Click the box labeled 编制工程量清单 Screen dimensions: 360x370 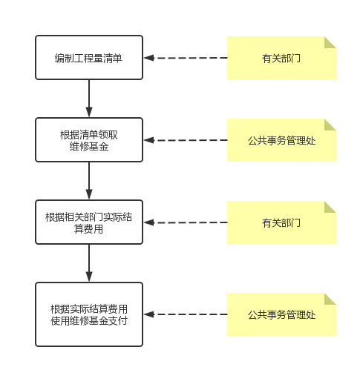tap(89, 57)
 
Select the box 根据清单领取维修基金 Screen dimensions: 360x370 tap(89, 140)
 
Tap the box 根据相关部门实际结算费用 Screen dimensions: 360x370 tap(89, 222)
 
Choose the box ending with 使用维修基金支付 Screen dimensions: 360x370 tap(89, 314)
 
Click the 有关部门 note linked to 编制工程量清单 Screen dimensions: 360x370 tap(281, 58)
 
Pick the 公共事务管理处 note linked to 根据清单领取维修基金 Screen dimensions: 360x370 tap(281, 140)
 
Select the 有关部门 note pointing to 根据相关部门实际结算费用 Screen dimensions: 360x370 tap(281, 222)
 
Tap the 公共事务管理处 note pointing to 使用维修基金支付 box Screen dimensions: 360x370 tap(281, 314)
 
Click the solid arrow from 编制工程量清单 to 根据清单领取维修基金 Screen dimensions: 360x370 tap(89, 99)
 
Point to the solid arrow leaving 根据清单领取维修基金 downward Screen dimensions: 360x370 tap(89, 181)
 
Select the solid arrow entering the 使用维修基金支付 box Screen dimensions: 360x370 tap(89, 263)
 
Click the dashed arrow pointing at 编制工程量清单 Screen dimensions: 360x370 tap(186, 58)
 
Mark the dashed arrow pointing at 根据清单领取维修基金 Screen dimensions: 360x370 tap(186, 140)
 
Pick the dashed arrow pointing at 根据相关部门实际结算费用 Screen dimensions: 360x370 tap(186, 222)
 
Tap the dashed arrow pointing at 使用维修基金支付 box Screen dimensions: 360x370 tap(186, 314)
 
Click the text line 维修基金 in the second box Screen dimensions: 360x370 tap(89, 147)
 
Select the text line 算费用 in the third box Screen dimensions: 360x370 tap(88, 229)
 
